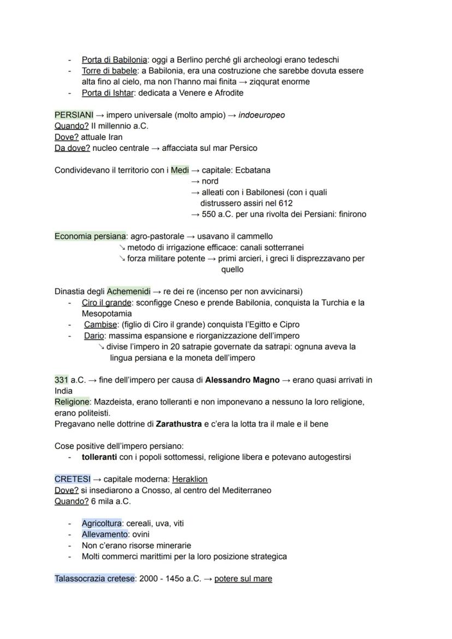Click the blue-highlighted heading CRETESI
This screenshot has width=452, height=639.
[73, 479]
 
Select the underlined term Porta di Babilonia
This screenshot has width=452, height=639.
[114, 60]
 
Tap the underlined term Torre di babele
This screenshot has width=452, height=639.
[109, 71]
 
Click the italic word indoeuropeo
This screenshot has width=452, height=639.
[261, 115]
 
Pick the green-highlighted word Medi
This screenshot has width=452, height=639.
[180, 170]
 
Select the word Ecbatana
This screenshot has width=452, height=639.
[252, 170]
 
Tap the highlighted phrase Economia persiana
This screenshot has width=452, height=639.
[90, 236]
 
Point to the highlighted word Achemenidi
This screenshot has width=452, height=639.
[128, 291]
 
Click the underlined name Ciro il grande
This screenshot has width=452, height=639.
[106, 302]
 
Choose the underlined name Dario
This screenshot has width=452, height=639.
[94, 336]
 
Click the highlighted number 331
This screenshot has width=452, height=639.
[62, 379]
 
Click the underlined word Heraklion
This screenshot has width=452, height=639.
[189, 479]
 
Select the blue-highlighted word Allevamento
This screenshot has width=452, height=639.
[104, 534]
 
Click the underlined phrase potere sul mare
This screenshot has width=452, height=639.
[243, 578]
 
